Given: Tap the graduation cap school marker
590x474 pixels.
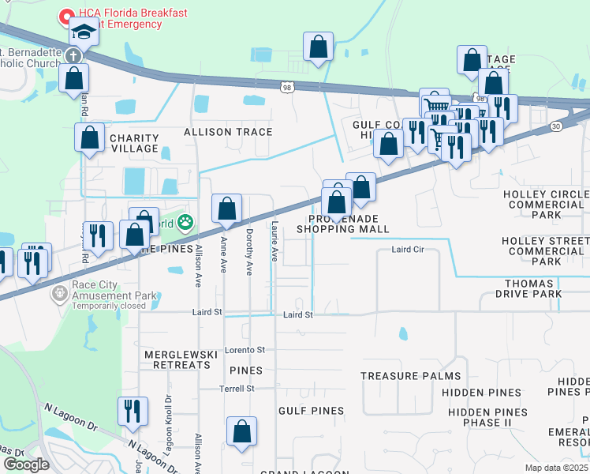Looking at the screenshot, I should tap(83, 32).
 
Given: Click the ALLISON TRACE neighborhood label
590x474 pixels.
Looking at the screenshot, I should tap(228, 132).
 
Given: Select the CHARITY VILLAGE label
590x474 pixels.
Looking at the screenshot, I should tap(134, 143).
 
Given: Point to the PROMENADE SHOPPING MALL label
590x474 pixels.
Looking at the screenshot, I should tap(342, 224).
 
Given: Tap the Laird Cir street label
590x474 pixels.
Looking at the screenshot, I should tap(409, 250).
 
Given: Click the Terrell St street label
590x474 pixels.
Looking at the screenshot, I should tap(237, 388).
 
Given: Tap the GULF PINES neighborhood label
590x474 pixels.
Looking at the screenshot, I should tap(311, 411).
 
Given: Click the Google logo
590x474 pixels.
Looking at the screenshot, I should tap(26, 465).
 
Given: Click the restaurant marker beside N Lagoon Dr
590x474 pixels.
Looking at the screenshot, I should tap(132, 412).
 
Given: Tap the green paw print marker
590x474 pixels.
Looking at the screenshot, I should tap(185, 223).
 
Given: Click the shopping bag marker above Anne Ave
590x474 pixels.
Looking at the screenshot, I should tap(226, 209).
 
